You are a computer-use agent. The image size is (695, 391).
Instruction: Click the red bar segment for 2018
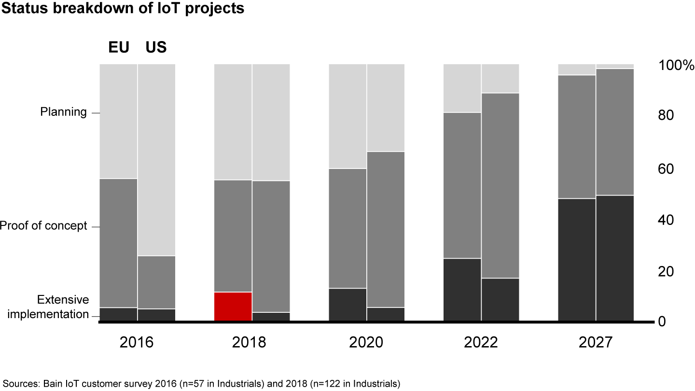[233, 306]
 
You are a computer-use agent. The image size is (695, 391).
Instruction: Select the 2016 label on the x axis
[137, 342]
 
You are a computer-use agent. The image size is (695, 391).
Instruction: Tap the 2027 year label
[595, 342]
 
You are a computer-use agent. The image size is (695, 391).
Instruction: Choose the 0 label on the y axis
[662, 321]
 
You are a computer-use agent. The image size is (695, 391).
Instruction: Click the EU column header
[118, 47]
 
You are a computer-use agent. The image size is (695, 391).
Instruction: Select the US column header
[156, 47]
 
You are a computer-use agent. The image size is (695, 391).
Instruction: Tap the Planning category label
[63, 112]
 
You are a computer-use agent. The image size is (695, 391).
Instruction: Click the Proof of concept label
[43, 226]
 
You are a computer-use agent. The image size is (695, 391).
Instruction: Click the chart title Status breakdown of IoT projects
[122, 9]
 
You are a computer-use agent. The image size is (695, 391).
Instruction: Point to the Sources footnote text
[201, 384]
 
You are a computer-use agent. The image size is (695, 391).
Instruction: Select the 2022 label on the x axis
[481, 342]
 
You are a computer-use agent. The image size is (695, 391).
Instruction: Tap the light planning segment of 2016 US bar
[156, 159]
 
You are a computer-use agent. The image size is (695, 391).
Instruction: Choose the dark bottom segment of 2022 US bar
[500, 299]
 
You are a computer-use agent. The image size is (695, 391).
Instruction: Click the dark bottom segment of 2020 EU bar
[347, 304]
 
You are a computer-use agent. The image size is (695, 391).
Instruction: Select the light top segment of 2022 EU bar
[462, 88]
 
